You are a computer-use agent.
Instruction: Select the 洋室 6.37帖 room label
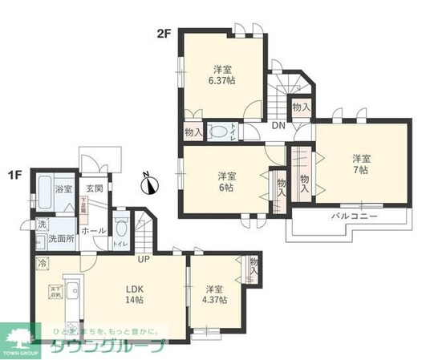coord(223,74)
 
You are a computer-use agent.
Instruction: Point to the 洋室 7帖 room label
coord(359,164)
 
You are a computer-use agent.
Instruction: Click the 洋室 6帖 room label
coord(225,181)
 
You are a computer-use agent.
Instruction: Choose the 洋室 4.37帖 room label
coord(214,294)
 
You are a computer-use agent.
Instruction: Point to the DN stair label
coord(278,126)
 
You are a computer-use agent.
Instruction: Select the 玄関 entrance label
coord(94,189)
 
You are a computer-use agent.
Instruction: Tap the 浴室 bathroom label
coord(63,190)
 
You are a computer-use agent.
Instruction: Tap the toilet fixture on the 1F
coord(121,227)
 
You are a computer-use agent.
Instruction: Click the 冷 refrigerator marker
coord(41,261)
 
